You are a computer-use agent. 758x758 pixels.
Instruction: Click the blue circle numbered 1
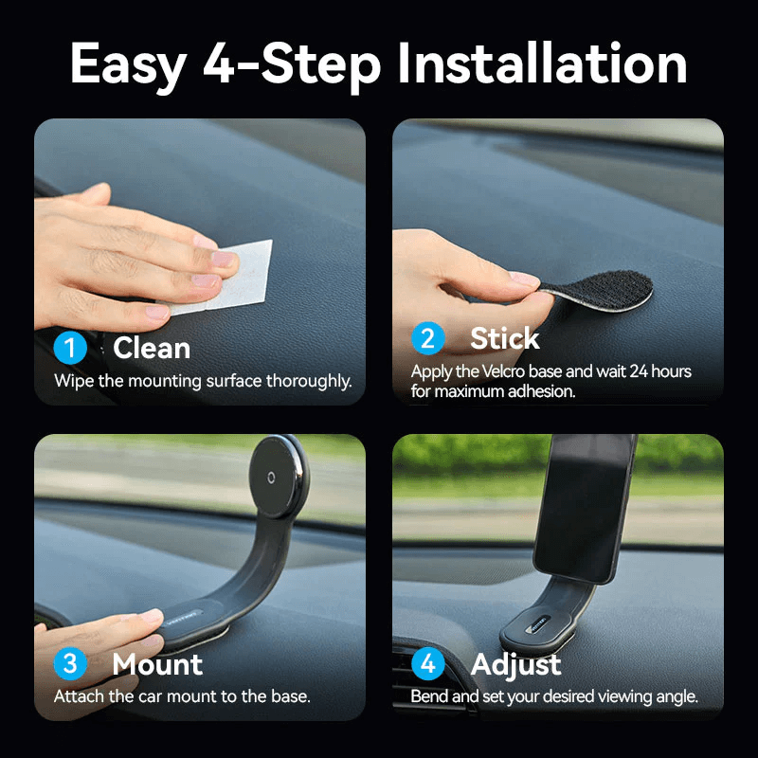click(70, 348)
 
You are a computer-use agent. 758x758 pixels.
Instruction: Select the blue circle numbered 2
click(428, 338)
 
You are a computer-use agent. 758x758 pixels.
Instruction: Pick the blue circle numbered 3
click(70, 663)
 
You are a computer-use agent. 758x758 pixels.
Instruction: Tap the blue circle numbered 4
click(428, 663)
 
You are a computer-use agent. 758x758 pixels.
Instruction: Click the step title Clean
click(152, 348)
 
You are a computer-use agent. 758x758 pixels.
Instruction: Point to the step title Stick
click(504, 338)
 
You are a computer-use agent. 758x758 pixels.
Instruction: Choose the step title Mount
click(157, 664)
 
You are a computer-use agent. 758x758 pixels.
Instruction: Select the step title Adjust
click(515, 664)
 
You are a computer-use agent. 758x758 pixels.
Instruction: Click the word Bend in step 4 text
click(428, 696)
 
